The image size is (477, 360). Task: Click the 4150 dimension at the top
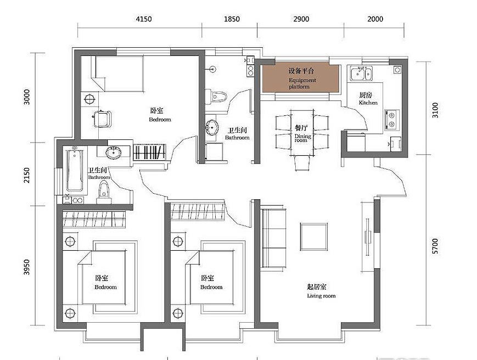click(144, 19)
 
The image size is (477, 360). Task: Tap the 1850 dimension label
click(232, 19)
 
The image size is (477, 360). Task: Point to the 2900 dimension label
click(301, 19)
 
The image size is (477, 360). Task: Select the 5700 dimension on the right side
click(435, 246)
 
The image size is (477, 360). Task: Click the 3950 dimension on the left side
click(27, 267)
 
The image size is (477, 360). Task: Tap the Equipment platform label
click(302, 83)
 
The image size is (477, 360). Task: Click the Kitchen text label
click(368, 103)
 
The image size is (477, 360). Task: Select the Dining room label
click(302, 138)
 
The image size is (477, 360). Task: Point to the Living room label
click(321, 296)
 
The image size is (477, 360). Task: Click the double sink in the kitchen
click(361, 74)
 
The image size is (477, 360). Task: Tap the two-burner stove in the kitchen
click(392, 120)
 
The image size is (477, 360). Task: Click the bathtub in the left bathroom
click(75, 170)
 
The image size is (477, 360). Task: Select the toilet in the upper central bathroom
click(217, 97)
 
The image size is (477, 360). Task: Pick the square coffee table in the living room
click(314, 237)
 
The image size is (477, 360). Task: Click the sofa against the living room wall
click(274, 238)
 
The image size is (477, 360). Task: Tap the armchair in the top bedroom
click(102, 119)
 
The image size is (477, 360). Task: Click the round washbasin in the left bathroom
click(114, 153)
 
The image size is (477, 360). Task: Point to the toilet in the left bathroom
click(104, 193)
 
